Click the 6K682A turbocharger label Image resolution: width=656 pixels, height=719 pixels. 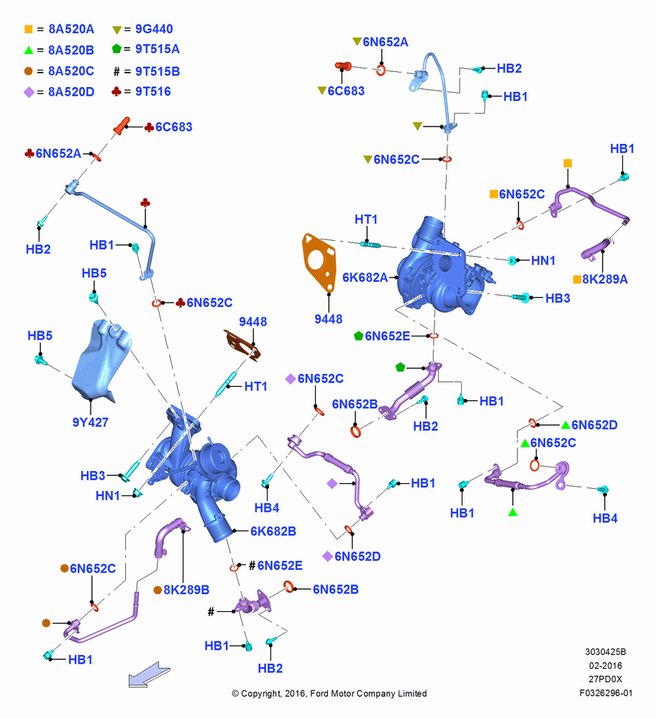point(365,278)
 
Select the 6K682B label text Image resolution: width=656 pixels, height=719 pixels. point(273,531)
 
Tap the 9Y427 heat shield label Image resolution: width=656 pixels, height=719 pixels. point(91,422)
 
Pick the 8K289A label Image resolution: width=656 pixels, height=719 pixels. point(605,279)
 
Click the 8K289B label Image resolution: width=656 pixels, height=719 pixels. point(186,590)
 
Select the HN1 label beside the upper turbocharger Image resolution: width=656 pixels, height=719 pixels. point(543,260)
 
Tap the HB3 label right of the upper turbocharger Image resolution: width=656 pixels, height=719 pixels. point(557,298)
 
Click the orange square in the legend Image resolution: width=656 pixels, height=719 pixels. point(29,29)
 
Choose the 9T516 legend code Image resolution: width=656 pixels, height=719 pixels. point(152,92)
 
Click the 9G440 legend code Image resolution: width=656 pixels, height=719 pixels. point(154,29)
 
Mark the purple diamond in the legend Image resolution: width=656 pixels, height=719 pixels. point(29,92)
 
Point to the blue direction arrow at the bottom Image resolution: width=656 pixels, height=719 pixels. point(149,675)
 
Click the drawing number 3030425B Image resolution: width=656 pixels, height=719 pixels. point(605,651)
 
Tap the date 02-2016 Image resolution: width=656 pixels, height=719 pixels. point(606,665)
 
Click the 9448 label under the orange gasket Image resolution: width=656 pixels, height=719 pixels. point(328,319)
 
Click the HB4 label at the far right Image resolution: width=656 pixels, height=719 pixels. point(605,518)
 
